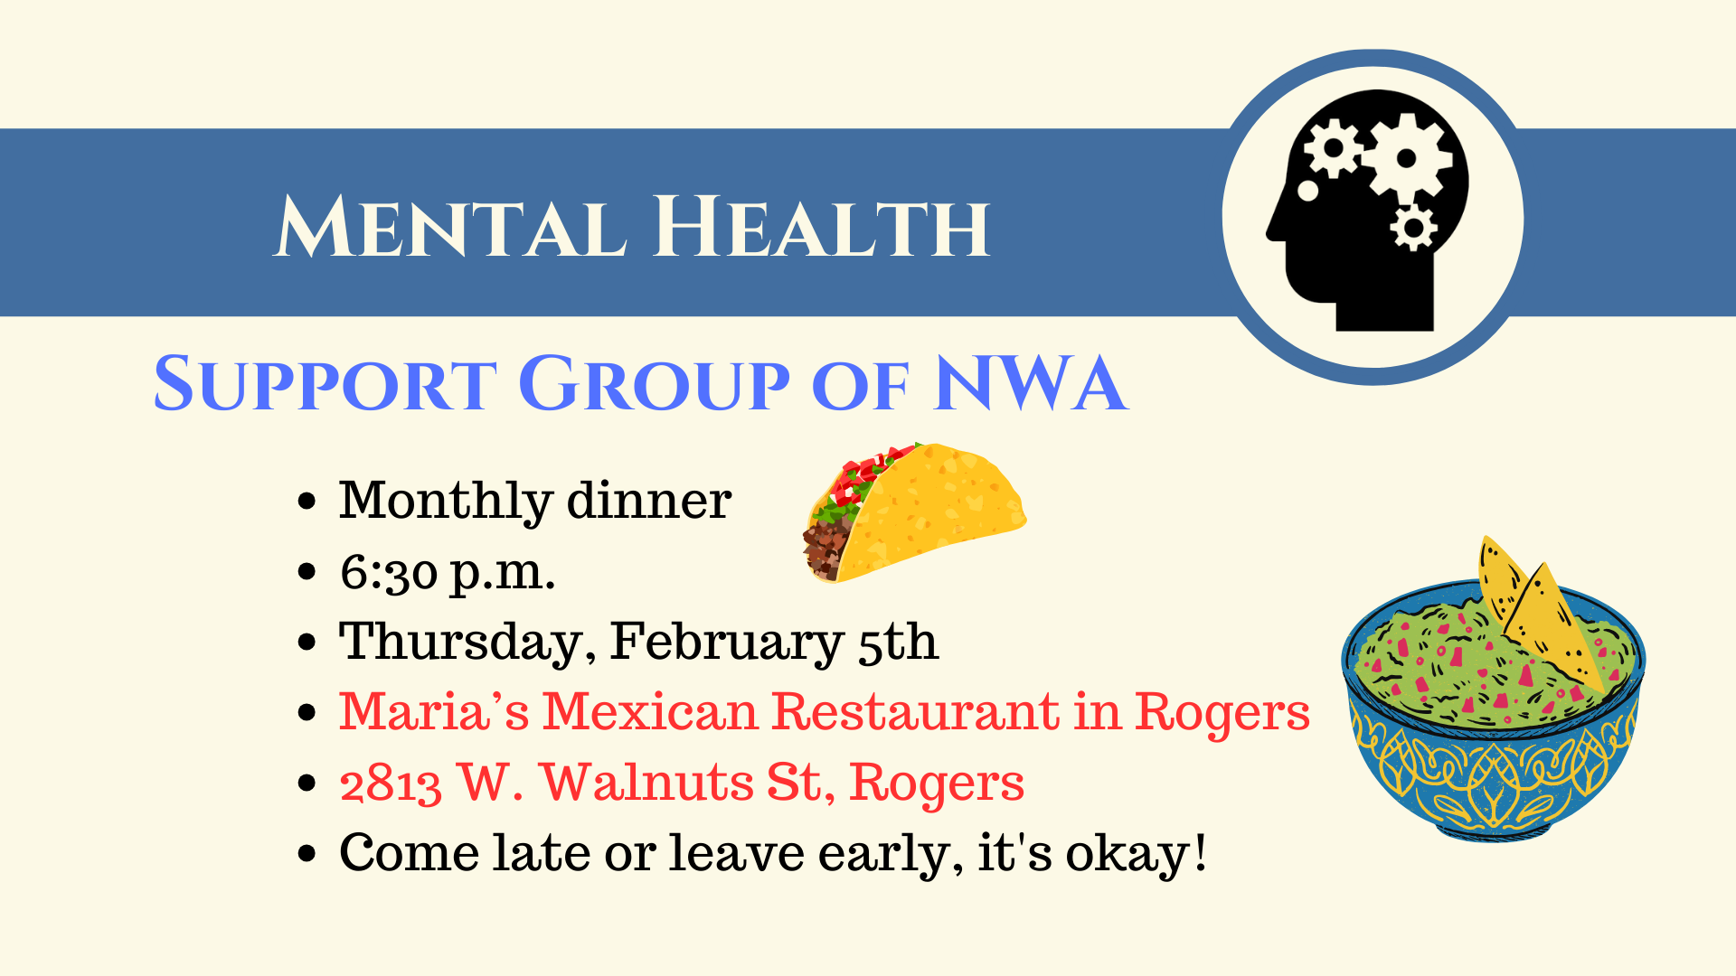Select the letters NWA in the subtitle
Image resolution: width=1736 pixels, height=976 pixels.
click(1032, 383)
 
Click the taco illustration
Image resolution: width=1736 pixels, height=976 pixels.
click(915, 512)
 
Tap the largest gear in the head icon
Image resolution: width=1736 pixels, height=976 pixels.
click(1407, 159)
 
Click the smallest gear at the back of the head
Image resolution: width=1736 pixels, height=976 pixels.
click(1413, 227)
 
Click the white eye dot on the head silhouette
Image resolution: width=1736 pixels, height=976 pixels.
click(1307, 191)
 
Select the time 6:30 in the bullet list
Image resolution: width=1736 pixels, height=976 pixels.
click(389, 572)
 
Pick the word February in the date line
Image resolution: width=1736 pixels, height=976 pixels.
click(726, 643)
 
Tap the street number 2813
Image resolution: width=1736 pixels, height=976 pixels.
click(391, 784)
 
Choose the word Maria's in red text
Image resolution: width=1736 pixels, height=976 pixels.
click(434, 711)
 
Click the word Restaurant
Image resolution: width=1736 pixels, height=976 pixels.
click(915, 711)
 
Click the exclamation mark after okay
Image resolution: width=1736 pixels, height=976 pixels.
click(1200, 851)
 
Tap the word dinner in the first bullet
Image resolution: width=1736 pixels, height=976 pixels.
click(648, 500)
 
